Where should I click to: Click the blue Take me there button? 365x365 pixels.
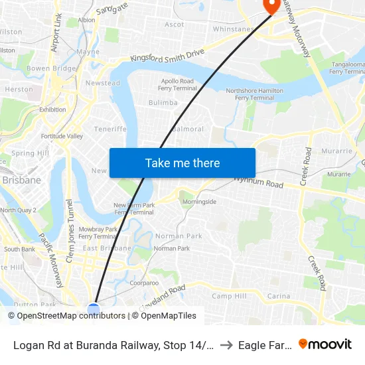pos(183,163)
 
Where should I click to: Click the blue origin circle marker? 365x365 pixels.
pos(94,309)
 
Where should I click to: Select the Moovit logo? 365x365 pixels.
pos(325,344)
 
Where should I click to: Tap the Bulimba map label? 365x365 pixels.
pos(163,103)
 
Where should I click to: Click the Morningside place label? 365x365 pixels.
pos(199,202)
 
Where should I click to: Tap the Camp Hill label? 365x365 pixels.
pos(229,296)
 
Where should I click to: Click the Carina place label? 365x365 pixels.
pos(279,296)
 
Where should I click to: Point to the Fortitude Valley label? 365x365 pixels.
pos(62,136)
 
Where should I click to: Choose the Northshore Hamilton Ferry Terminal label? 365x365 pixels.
pos(250,94)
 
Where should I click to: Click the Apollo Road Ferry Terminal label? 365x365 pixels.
pos(177,85)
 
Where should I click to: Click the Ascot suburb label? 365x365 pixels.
pos(175,25)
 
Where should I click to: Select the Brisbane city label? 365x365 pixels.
pos(21,180)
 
